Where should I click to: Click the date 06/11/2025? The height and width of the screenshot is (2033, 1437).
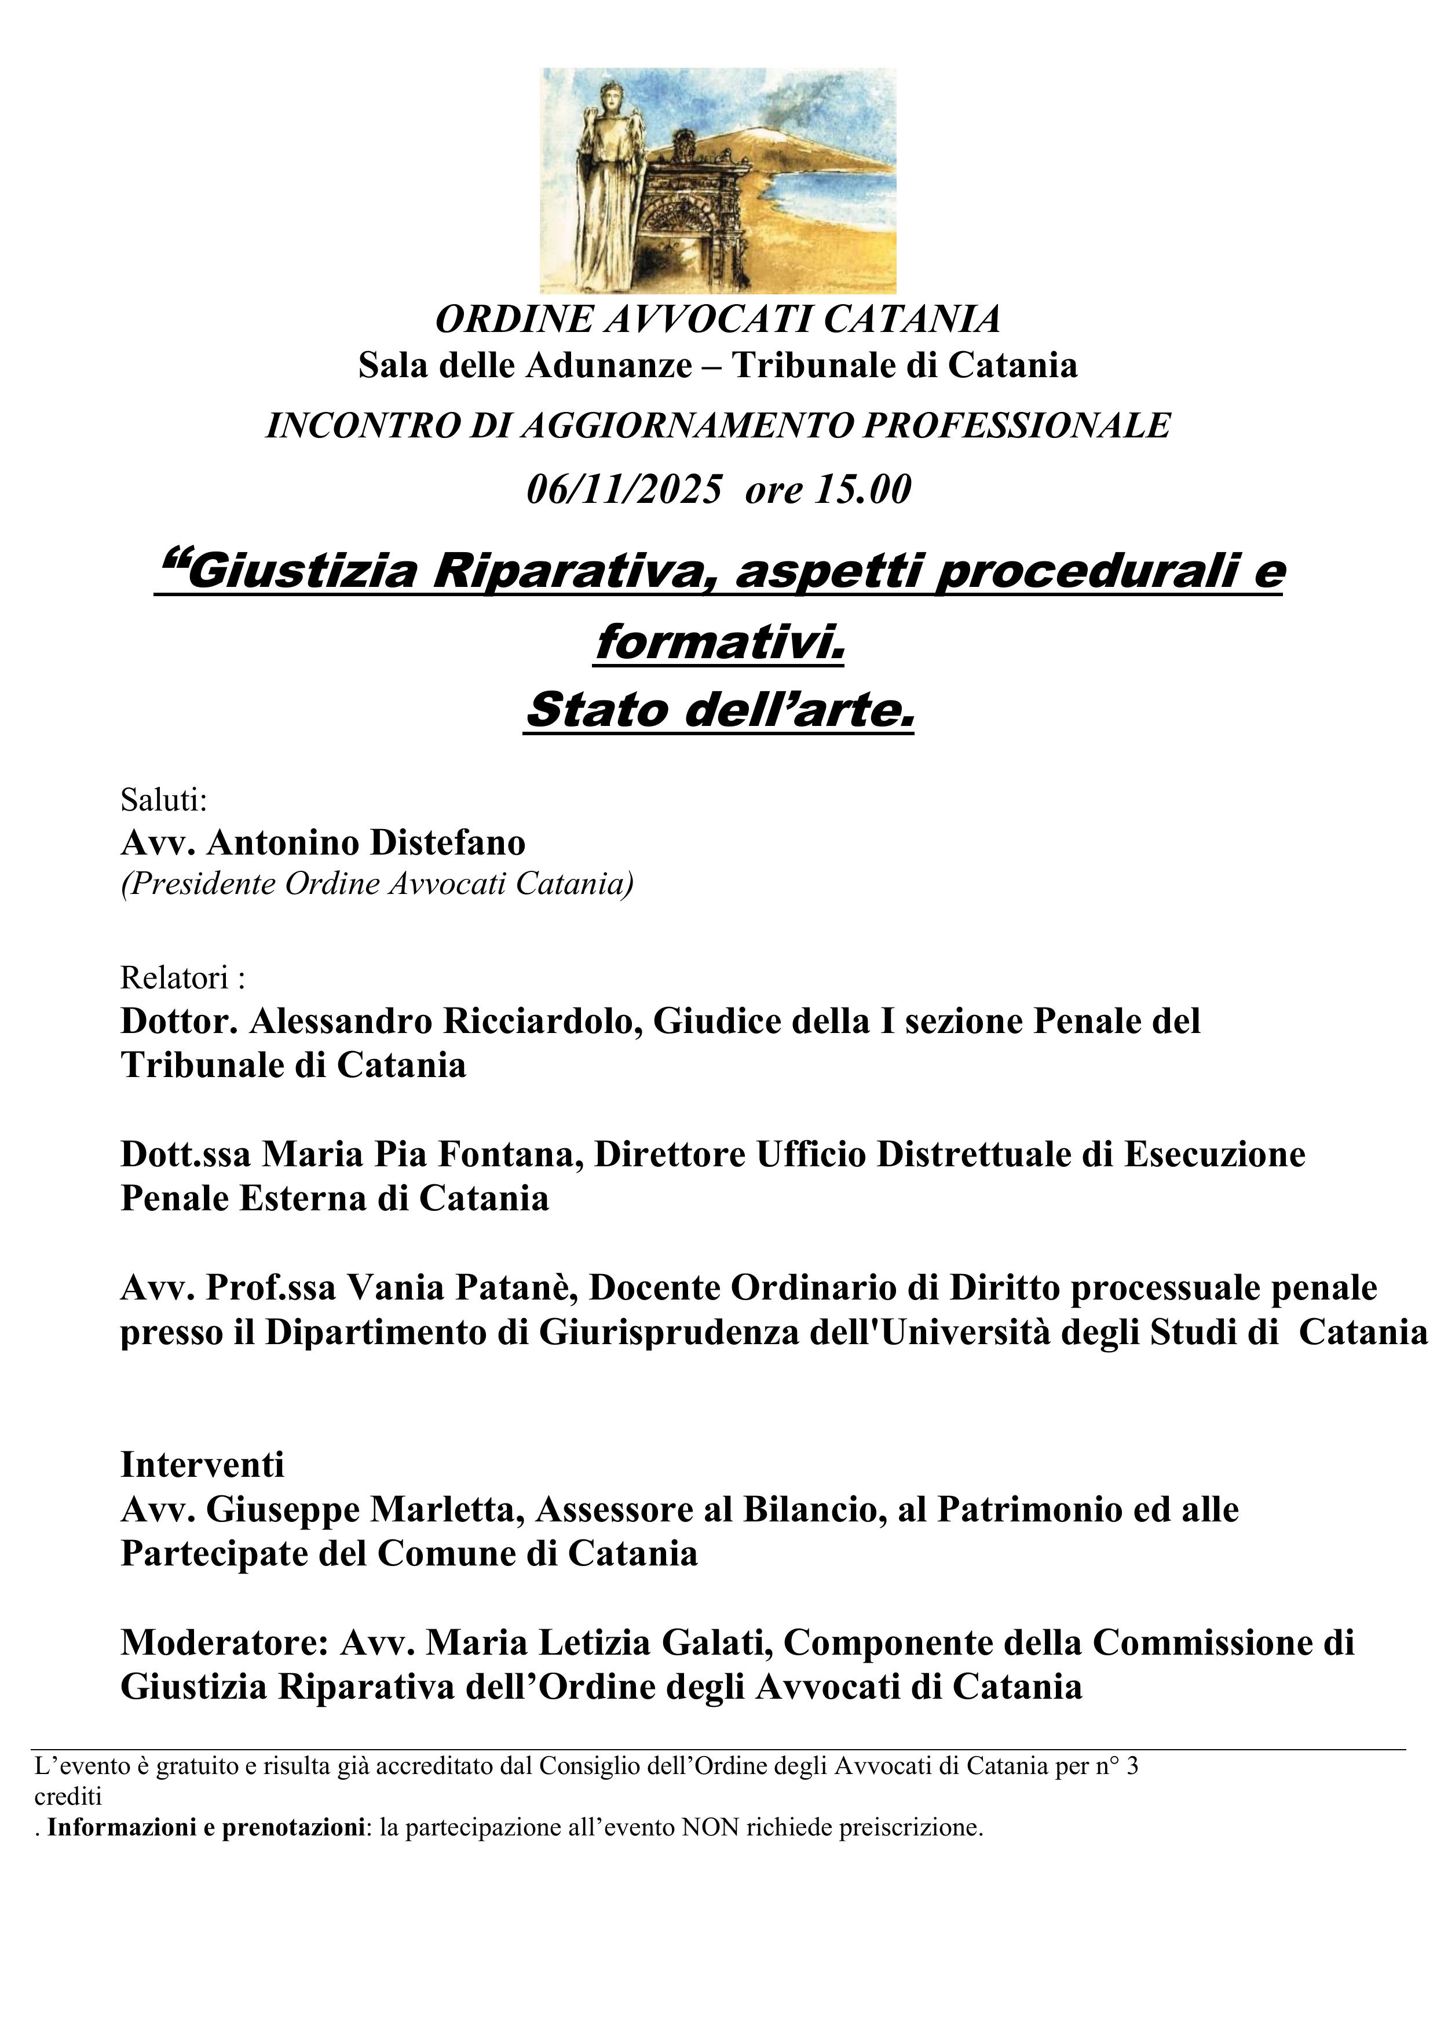[x=624, y=490]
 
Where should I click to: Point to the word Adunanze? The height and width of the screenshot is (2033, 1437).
[x=609, y=365]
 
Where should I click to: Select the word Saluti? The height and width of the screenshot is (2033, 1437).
[x=163, y=801]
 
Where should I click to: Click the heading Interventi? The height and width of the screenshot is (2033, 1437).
[x=202, y=1465]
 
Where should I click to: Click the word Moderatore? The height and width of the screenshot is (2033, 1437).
[x=224, y=1643]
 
